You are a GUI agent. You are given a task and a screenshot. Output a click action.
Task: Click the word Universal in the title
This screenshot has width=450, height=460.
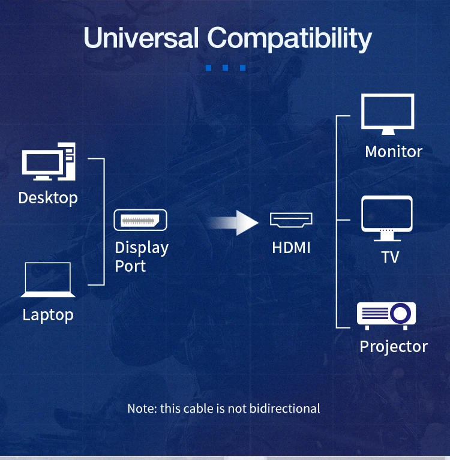(141, 38)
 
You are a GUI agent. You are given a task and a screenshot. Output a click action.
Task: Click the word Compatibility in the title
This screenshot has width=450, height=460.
(290, 39)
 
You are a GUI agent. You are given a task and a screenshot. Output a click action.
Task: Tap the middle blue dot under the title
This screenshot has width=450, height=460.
(225, 68)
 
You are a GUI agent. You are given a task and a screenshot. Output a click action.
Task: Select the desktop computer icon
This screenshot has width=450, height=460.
(48, 161)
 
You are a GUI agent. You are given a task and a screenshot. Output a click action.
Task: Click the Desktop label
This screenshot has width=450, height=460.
(48, 197)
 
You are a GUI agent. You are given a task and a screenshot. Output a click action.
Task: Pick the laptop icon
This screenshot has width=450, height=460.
(48, 280)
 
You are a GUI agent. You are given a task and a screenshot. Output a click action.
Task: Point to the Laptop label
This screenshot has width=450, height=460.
(48, 315)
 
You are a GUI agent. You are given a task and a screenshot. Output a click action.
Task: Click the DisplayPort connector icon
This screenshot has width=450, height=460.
(140, 220)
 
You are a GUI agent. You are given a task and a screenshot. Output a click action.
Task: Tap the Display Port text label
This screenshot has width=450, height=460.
(142, 257)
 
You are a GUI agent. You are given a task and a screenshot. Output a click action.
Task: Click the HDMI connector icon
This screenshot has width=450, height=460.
(291, 220)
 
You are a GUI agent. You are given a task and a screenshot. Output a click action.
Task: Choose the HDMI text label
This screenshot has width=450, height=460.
(291, 247)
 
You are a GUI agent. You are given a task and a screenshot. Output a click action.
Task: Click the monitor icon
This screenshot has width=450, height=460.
(388, 115)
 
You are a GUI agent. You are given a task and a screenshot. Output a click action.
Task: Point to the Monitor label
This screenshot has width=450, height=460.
(394, 152)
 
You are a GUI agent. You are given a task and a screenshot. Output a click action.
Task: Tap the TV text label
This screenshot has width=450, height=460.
(390, 257)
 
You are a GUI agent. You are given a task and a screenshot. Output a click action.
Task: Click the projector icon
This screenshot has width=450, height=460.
(386, 315)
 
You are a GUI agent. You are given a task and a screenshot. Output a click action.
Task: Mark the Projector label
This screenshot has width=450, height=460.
(394, 347)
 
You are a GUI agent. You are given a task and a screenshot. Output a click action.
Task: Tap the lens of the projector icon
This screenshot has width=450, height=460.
(400, 312)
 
